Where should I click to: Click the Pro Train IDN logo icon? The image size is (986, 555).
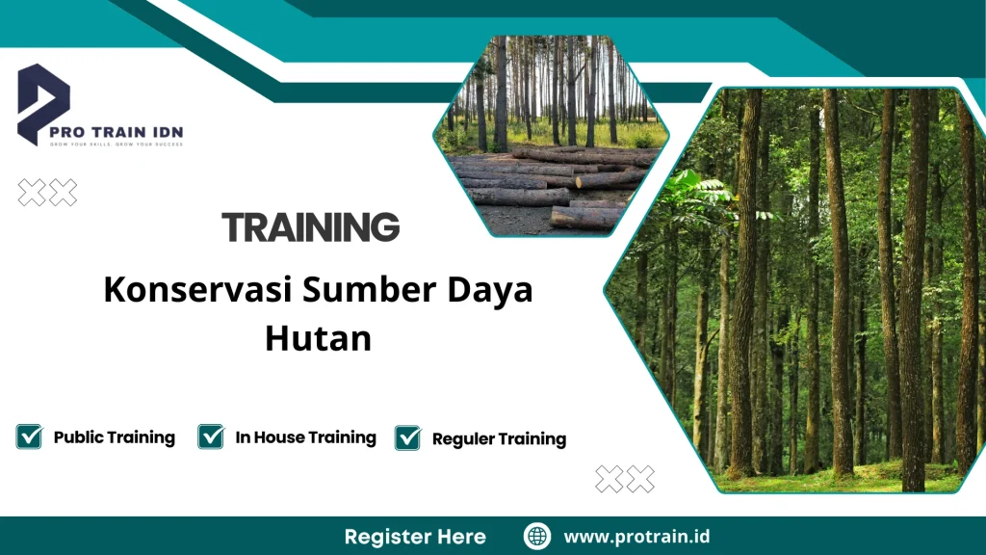click(43, 102)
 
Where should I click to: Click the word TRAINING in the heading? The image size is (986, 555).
click(310, 227)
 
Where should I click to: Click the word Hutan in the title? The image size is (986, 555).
click(318, 339)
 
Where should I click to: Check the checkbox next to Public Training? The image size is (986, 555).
click(29, 436)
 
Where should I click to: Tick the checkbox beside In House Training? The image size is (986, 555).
click(211, 436)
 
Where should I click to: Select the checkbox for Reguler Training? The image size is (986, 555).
click(408, 438)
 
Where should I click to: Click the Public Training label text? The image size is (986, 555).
click(115, 437)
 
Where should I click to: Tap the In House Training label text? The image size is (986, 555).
click(305, 437)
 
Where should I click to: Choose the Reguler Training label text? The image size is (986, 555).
click(499, 439)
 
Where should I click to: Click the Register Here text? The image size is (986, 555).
click(415, 537)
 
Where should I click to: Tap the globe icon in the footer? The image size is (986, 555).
click(537, 536)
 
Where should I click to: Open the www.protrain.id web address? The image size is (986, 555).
click(636, 537)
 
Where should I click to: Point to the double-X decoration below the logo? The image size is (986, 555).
click(47, 193)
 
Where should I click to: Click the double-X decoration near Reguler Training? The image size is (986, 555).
click(625, 479)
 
